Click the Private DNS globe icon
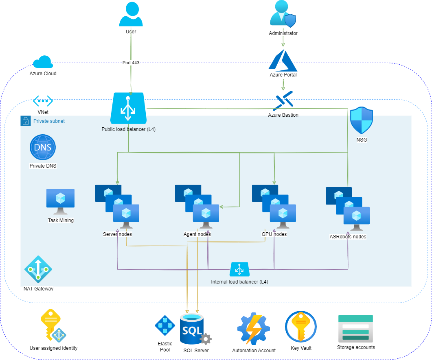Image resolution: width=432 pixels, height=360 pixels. (43, 147)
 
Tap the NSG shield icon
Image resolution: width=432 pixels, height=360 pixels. (362, 121)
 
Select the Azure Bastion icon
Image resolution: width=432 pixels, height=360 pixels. (283, 101)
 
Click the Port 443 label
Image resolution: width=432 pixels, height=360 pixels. (131, 63)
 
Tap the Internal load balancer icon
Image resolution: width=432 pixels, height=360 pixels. (239, 269)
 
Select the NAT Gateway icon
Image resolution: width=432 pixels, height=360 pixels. (38, 269)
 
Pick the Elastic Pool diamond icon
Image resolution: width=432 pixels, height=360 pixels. (165, 325)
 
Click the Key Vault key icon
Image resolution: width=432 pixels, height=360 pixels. (301, 327)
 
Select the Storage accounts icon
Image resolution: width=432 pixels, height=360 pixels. (355, 328)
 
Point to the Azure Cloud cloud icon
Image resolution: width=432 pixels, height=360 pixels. (43, 62)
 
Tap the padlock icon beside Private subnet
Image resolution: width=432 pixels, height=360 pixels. (26, 121)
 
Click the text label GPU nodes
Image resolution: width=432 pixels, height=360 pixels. (274, 234)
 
